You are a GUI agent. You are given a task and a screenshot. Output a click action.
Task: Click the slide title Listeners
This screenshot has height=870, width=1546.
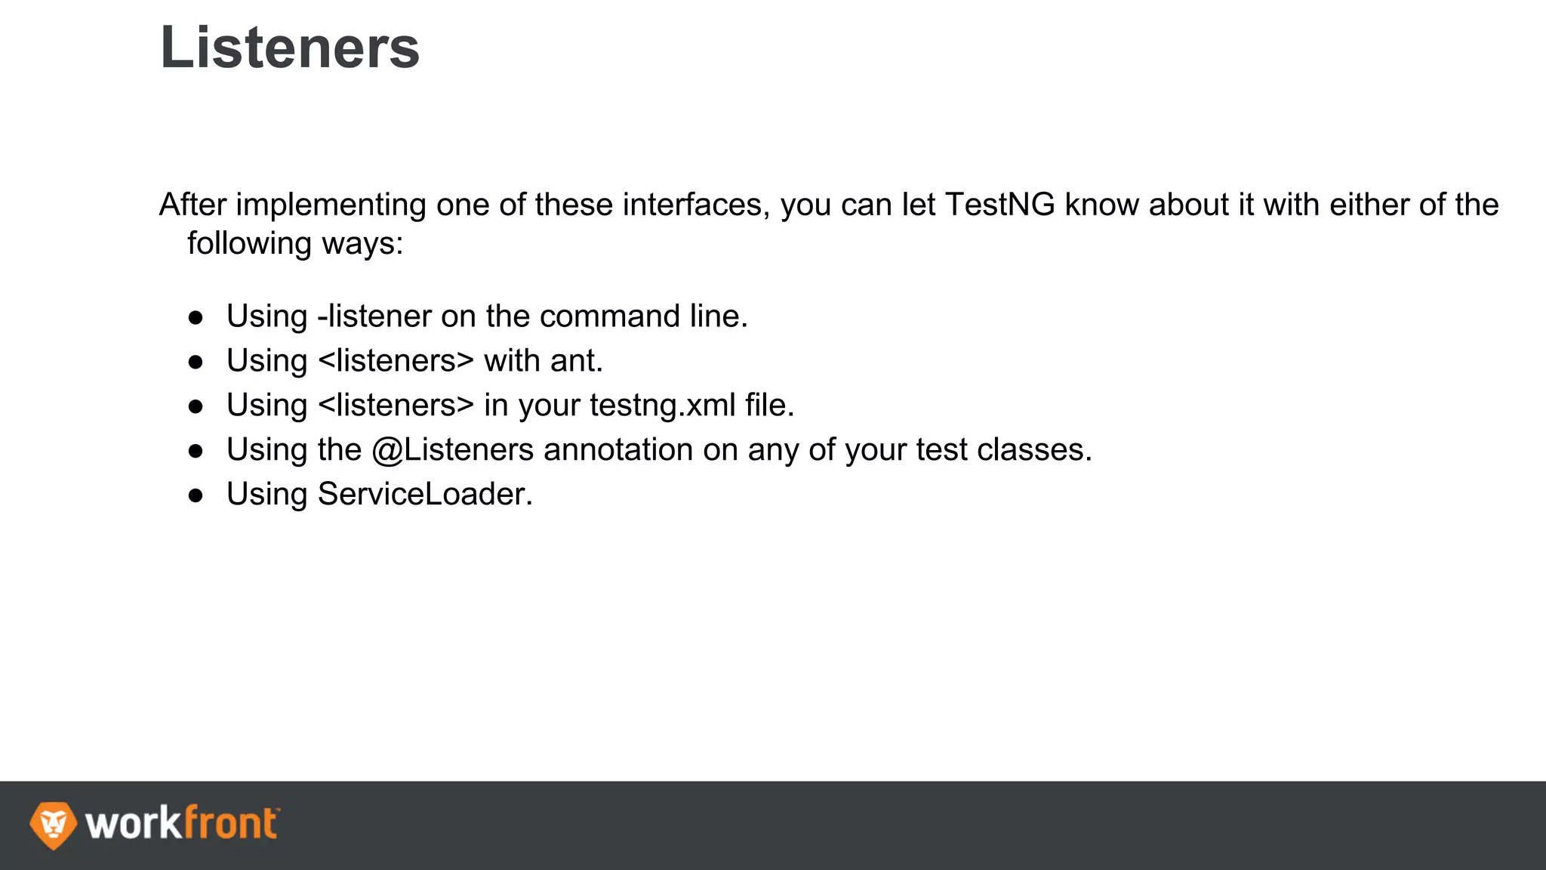click(x=289, y=48)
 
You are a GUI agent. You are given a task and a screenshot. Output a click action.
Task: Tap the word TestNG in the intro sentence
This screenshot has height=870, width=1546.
click(x=999, y=205)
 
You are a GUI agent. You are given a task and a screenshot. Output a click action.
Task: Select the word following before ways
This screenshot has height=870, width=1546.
click(x=249, y=244)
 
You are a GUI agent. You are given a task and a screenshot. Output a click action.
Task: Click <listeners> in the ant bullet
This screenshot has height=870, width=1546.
click(x=396, y=361)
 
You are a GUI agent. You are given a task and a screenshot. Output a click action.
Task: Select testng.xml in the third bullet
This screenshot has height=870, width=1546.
click(x=662, y=406)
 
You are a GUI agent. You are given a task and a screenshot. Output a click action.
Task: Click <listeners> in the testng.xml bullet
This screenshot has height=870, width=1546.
click(x=396, y=406)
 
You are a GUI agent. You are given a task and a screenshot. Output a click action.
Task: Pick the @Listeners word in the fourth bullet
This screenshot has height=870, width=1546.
click(x=453, y=450)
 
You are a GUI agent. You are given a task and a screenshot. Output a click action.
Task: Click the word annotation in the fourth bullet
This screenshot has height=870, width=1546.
click(x=618, y=450)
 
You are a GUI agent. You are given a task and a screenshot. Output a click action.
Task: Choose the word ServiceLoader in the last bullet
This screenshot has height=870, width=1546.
click(x=424, y=495)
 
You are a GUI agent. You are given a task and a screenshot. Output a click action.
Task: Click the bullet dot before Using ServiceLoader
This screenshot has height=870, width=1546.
click(x=196, y=495)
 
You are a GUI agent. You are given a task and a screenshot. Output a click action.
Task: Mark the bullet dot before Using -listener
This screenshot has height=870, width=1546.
click(x=196, y=317)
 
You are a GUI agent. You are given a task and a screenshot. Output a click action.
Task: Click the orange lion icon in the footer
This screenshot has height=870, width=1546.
click(x=53, y=825)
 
